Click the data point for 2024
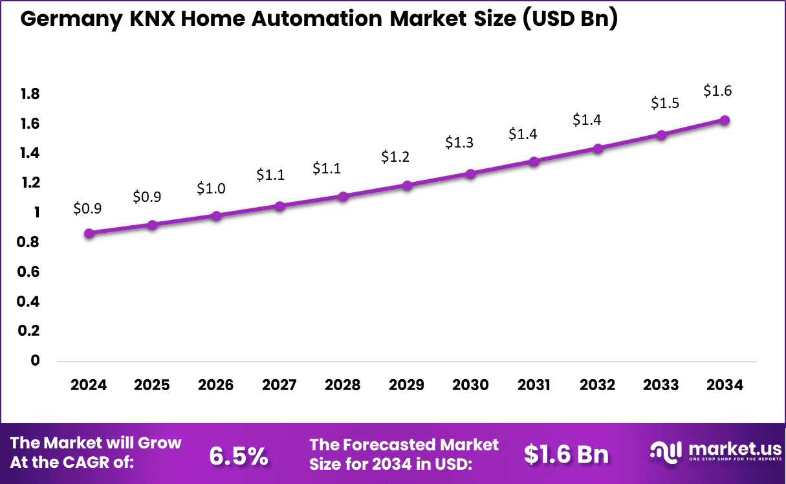click(89, 233)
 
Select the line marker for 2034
click(725, 120)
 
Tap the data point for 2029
click(407, 186)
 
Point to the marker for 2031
click(534, 162)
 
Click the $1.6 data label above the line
click(717, 91)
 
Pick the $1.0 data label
click(211, 188)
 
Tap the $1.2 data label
click(395, 157)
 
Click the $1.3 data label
click(459, 143)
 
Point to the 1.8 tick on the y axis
click(30, 94)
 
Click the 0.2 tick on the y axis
click(30, 331)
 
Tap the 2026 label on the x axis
click(215, 385)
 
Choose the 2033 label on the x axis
click(660, 385)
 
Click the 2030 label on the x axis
click(470, 385)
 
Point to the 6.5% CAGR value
click(239, 456)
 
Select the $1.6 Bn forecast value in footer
click(566, 455)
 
